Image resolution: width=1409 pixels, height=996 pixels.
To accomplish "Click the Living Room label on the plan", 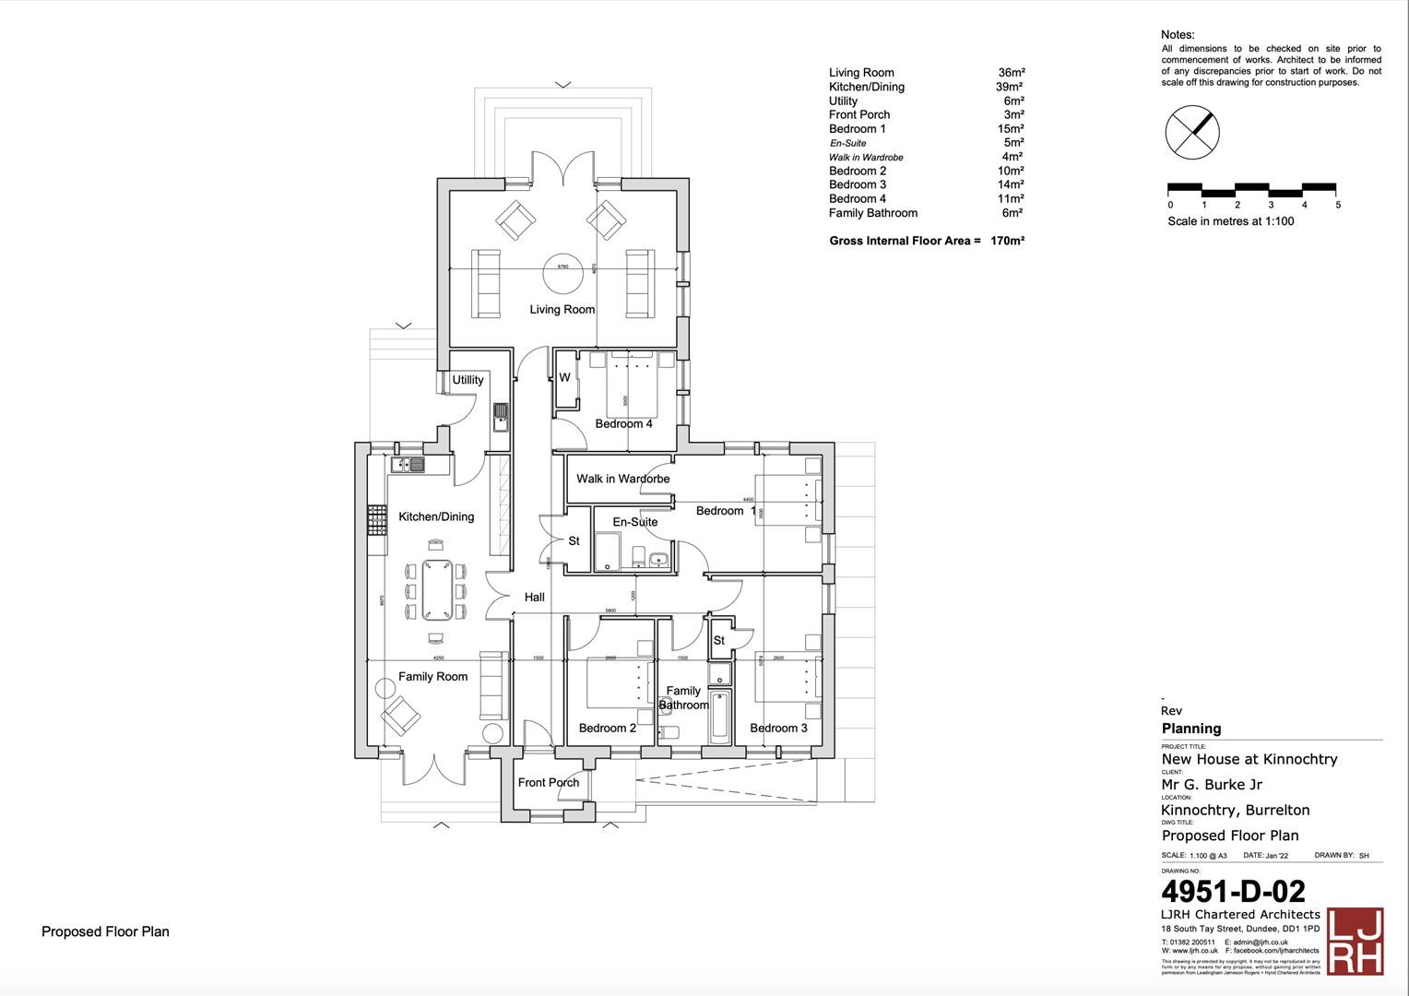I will click(562, 310).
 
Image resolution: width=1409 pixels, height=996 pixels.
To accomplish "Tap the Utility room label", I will click(468, 380).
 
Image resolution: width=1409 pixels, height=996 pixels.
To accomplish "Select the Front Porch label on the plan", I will click(549, 783).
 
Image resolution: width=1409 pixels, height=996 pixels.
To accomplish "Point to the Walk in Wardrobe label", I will click(622, 479).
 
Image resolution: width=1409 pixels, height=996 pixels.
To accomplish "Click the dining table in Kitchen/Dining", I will click(435, 590).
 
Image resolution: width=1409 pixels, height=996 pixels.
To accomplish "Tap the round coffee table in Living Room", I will click(562, 268).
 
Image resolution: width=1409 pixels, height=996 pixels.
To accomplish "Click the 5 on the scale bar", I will click(1338, 206).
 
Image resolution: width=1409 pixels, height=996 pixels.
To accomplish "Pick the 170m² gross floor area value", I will click(1007, 242).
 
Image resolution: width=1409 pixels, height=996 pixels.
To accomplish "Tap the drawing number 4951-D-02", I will click(1233, 892).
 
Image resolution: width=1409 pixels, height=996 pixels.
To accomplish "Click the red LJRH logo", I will click(1355, 940).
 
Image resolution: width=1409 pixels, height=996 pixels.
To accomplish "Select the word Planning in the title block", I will click(1191, 729).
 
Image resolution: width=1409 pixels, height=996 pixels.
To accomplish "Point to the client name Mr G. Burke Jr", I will click(1212, 785).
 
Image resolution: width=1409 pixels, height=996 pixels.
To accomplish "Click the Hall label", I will click(535, 598).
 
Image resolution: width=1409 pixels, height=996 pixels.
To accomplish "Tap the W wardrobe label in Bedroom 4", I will click(564, 378).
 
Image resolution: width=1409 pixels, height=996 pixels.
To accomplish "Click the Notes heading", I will click(1178, 35).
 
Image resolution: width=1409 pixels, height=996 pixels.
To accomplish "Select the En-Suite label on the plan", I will click(635, 522).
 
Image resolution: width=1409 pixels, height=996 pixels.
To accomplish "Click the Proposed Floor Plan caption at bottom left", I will click(105, 931).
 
